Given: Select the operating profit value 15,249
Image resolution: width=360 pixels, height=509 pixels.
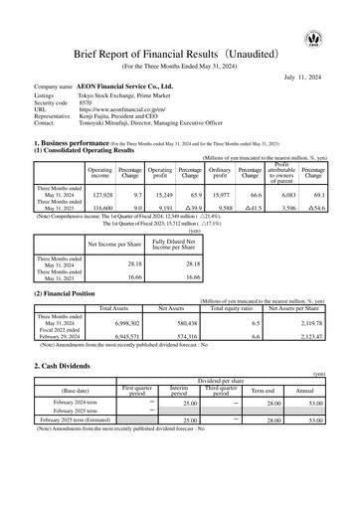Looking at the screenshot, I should (x=161, y=194).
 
